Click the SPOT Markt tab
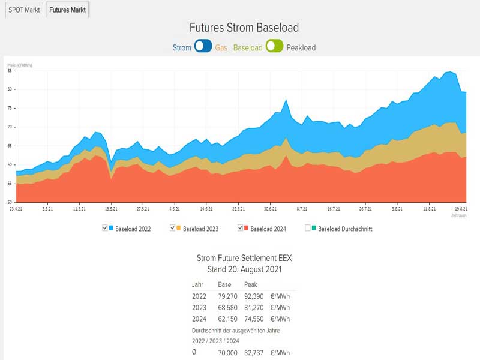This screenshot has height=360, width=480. pos(23,10)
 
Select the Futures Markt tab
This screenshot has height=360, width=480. pos(67,10)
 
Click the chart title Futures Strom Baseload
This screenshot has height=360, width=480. pos(244,28)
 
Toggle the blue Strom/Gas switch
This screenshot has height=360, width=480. pos(203,46)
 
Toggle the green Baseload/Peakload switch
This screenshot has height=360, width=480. pos(274,46)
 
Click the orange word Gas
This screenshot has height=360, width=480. pos(221,47)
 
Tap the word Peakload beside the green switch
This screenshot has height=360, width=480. pos(301,47)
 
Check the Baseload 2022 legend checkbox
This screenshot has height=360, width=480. pos(105,228)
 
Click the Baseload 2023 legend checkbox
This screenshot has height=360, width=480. pos(172,228)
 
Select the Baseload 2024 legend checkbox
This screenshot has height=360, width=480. pos(240,228)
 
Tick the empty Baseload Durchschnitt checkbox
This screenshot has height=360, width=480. pos(308,228)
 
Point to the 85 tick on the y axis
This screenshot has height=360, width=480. pos(10,71)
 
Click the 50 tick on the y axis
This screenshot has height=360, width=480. pos(10,202)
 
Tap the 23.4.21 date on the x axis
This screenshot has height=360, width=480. pos(16,209)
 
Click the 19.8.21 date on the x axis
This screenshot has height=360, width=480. pos(461,209)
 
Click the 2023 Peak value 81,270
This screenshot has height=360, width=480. pos(254,307)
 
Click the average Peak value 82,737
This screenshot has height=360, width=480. pos(254,353)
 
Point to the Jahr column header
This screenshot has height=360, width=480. pos(197,284)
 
